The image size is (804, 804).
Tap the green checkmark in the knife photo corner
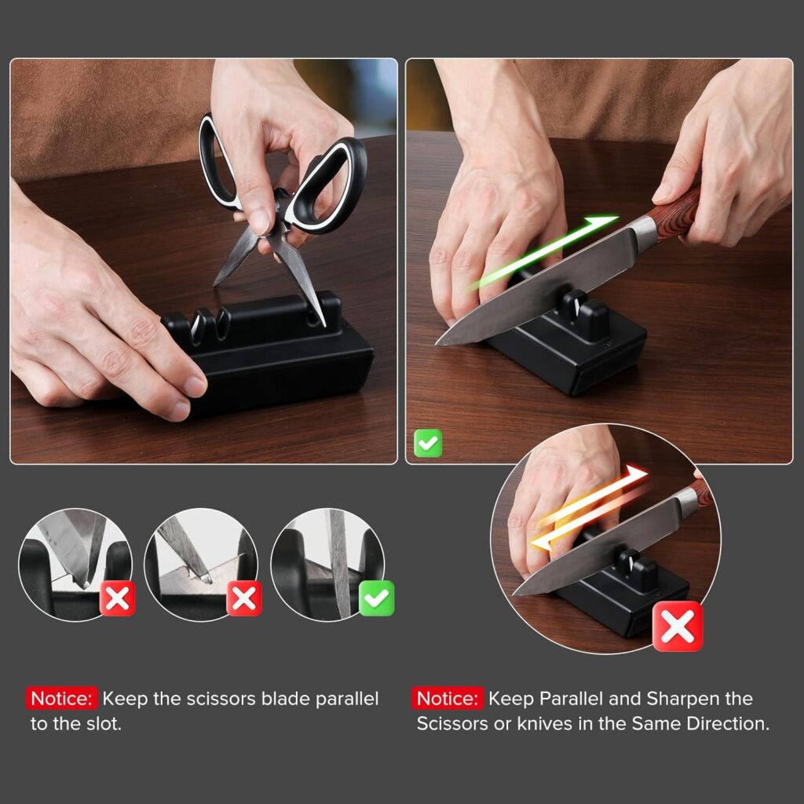(428, 443)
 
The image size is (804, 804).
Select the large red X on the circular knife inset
(678, 627)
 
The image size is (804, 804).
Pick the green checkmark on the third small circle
(377, 598)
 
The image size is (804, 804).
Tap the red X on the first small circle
(118, 598)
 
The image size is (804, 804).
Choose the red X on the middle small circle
(244, 598)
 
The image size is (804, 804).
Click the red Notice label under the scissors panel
(61, 698)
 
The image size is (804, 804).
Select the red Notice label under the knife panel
(447, 698)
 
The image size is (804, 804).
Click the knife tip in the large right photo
(437, 344)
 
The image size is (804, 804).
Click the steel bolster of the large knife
(643, 232)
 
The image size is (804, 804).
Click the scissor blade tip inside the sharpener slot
(323, 323)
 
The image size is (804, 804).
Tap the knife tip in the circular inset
(515, 594)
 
